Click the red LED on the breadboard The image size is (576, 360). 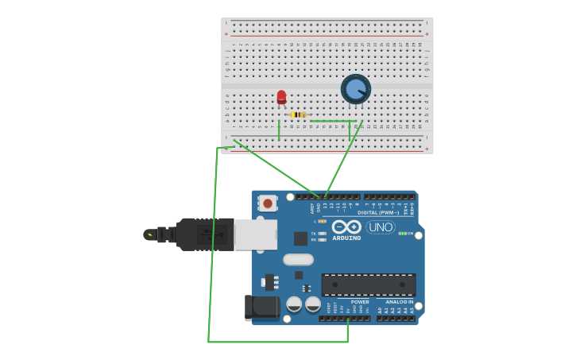click(281, 97)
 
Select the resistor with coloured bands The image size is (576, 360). click(298, 114)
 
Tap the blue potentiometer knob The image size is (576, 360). click(355, 89)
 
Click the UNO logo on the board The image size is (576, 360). click(381, 227)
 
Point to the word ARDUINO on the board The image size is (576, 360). click(346, 238)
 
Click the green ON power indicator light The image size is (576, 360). click(402, 234)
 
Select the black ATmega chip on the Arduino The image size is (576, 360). click(368, 285)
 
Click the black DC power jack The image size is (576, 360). click(262, 307)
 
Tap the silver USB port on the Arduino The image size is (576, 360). click(256, 234)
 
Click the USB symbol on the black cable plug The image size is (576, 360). click(203, 234)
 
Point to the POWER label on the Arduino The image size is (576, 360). click(360, 302)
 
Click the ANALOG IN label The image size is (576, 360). click(399, 302)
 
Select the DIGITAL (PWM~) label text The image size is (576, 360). click(378, 212)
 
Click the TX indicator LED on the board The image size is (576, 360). click(322, 233)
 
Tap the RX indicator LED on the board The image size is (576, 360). click(322, 239)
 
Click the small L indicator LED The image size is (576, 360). click(322, 221)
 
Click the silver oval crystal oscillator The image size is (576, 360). click(298, 259)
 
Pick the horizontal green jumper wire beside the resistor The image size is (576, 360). click(332, 122)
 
